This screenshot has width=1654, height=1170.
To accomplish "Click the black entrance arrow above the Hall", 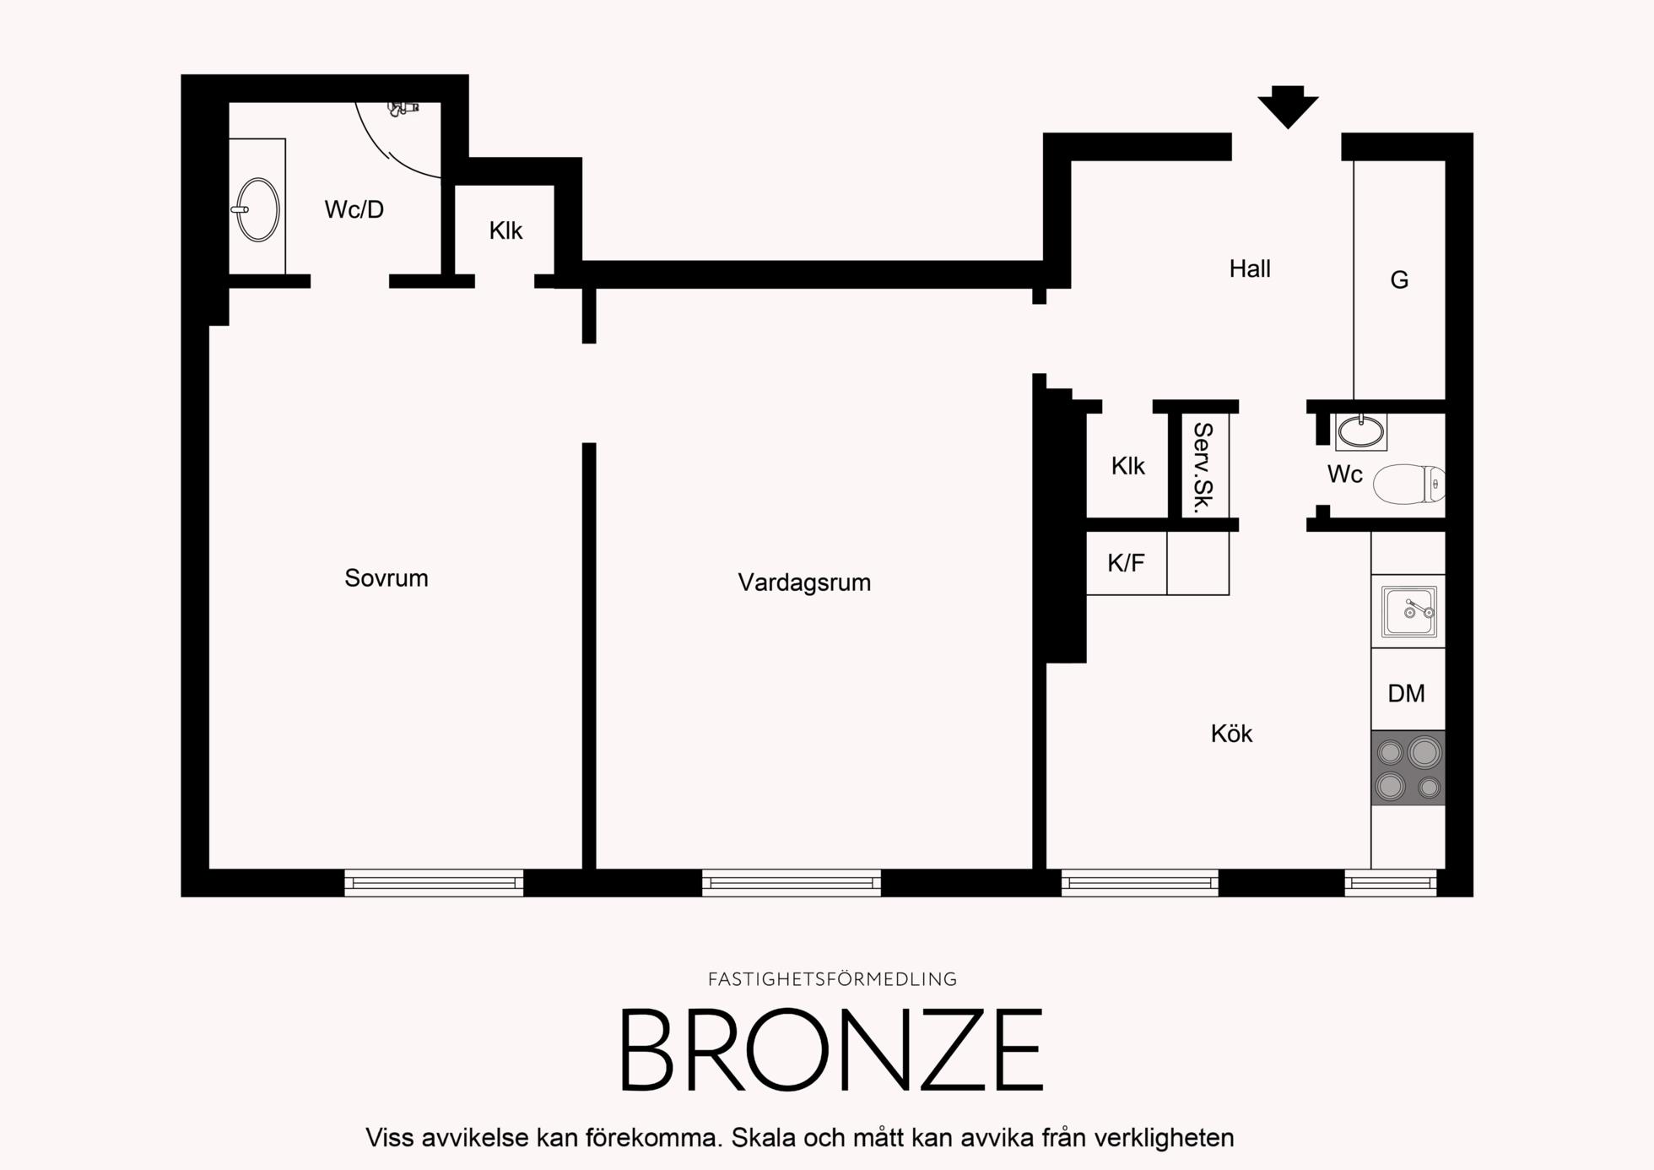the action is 1288,106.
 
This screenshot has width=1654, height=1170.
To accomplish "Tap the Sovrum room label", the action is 386,578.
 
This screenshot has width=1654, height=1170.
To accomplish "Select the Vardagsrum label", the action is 804,582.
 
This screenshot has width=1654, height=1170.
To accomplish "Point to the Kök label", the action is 1231,734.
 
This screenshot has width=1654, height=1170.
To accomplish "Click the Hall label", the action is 1250,268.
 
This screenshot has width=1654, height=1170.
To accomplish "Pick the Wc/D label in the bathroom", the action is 354,209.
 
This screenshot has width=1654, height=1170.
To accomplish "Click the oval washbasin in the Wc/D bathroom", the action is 257,209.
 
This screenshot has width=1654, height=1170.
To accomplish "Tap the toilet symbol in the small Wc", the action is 1408,485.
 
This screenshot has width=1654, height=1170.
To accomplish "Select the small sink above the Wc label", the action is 1361,431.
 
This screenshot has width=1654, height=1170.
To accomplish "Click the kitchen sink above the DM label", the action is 1408,611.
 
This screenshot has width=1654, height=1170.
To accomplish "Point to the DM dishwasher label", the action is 1406,693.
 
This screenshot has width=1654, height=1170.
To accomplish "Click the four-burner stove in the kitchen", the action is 1408,767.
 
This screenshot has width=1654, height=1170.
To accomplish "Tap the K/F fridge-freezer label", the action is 1126,563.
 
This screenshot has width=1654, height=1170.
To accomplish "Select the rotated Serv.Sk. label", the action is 1203,468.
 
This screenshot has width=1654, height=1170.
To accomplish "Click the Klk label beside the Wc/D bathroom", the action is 505,230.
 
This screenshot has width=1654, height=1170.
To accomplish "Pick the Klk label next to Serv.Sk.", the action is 1127,466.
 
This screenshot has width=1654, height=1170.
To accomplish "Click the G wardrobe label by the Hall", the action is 1399,279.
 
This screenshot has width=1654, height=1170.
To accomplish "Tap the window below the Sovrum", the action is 434,882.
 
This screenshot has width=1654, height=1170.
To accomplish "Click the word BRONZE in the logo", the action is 832,1051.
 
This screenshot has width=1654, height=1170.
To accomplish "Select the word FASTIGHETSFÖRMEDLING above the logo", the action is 832,979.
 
